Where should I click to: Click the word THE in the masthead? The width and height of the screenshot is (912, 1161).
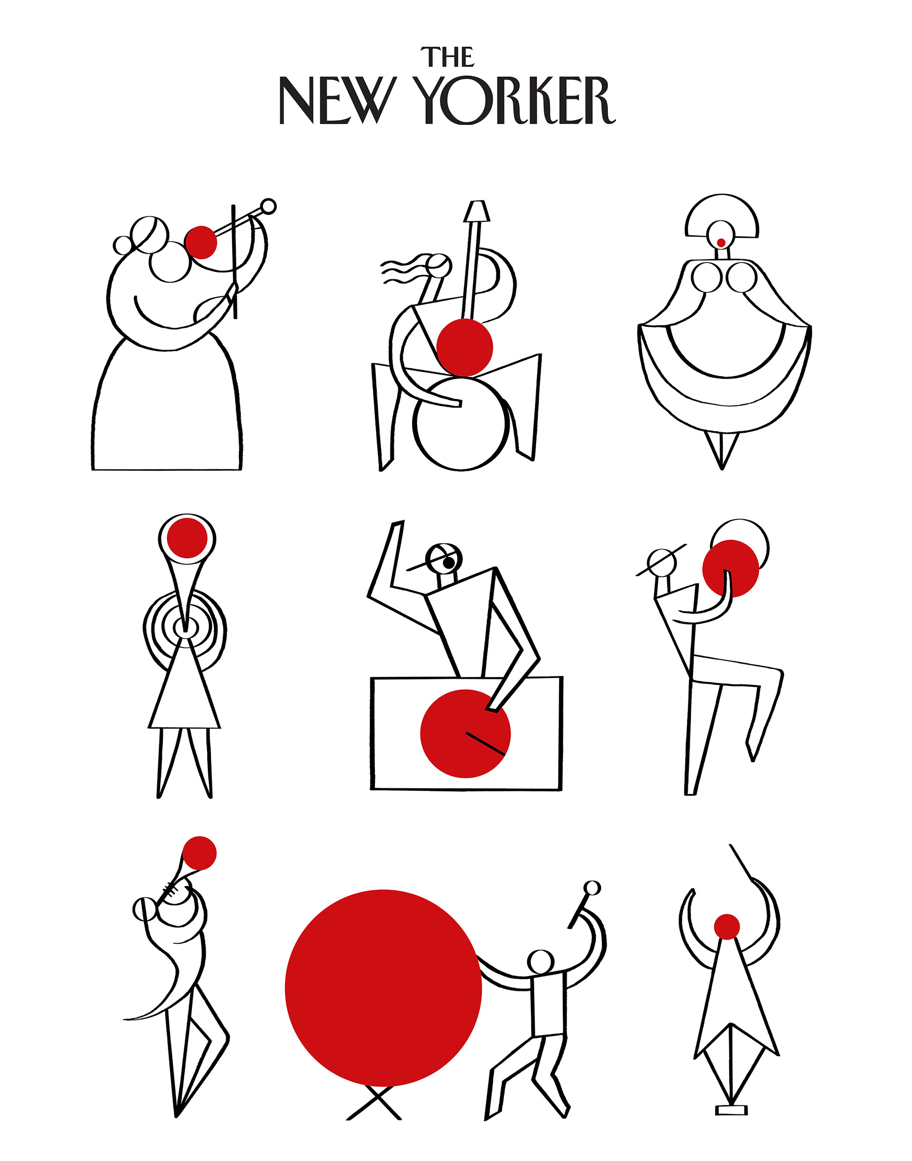447,57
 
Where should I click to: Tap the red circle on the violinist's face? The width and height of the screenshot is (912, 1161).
201,242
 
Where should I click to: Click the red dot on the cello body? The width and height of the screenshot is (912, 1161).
465,347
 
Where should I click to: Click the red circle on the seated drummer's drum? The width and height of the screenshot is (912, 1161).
465,733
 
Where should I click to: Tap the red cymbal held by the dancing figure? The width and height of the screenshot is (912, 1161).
731,568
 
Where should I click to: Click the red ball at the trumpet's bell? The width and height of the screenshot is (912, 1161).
199,853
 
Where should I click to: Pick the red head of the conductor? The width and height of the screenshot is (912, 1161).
727,926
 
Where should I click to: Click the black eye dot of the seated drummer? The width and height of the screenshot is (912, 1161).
449,562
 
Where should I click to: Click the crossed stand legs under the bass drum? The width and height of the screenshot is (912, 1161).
374,1102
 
